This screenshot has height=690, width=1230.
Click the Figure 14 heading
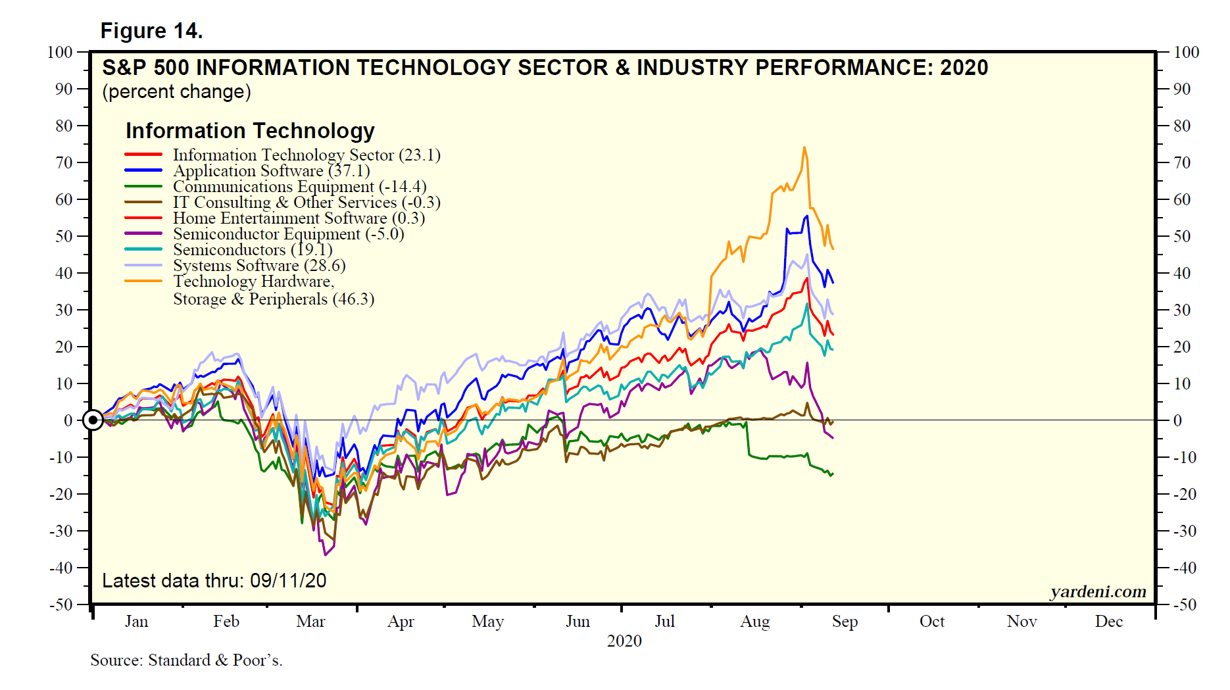pos(151,31)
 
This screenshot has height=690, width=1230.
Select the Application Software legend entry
pos(271,171)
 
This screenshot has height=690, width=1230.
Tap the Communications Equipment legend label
pos(299,187)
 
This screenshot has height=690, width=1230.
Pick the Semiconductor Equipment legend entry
pos(288,234)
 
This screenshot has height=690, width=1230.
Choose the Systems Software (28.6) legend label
pos(259,266)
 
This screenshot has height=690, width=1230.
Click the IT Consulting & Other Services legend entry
pos(307,203)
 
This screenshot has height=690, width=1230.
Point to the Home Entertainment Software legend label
pos(299,218)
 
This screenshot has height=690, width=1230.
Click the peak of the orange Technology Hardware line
pos(804,147)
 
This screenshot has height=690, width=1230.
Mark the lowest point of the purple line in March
pos(325,555)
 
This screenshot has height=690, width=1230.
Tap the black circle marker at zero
pos(93,420)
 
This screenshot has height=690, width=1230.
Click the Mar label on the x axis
pos(310,622)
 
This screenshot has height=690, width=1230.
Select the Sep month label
pos(845,622)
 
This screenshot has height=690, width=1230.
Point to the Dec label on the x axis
pos(1108,622)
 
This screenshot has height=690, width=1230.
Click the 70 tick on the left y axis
pos(64,162)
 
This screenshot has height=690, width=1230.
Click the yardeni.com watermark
pos(1098,592)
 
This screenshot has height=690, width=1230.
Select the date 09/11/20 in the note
pos(288,581)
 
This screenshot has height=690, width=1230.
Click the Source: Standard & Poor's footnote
pos(186,660)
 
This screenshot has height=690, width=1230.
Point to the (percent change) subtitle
pos(176,91)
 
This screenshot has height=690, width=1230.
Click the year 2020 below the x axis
pos(624,641)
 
